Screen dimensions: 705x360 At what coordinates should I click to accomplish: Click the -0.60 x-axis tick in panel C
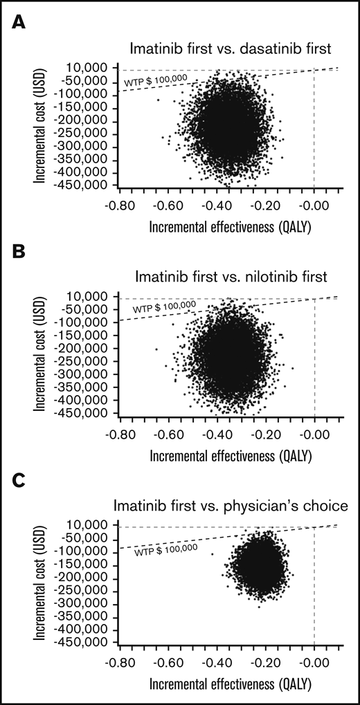tap(170, 662)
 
